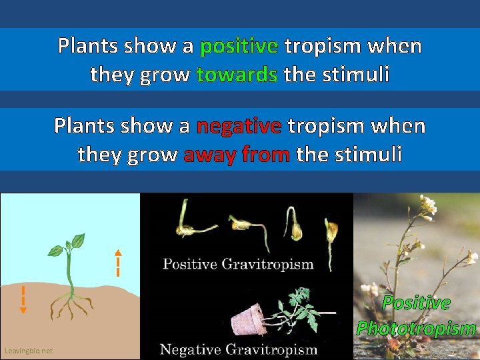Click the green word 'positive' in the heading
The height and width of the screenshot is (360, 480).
[239, 46]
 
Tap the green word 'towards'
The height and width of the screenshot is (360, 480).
[237, 75]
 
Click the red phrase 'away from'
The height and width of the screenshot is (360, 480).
[236, 155]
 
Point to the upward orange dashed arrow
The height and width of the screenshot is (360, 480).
[117, 263]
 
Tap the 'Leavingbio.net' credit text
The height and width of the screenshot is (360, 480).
[28, 351]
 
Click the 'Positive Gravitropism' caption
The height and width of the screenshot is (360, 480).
[238, 264]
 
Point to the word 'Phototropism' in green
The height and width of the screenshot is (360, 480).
[416, 328]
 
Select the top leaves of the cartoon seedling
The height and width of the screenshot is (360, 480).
[71, 244]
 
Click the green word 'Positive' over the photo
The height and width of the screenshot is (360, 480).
[416, 303]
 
